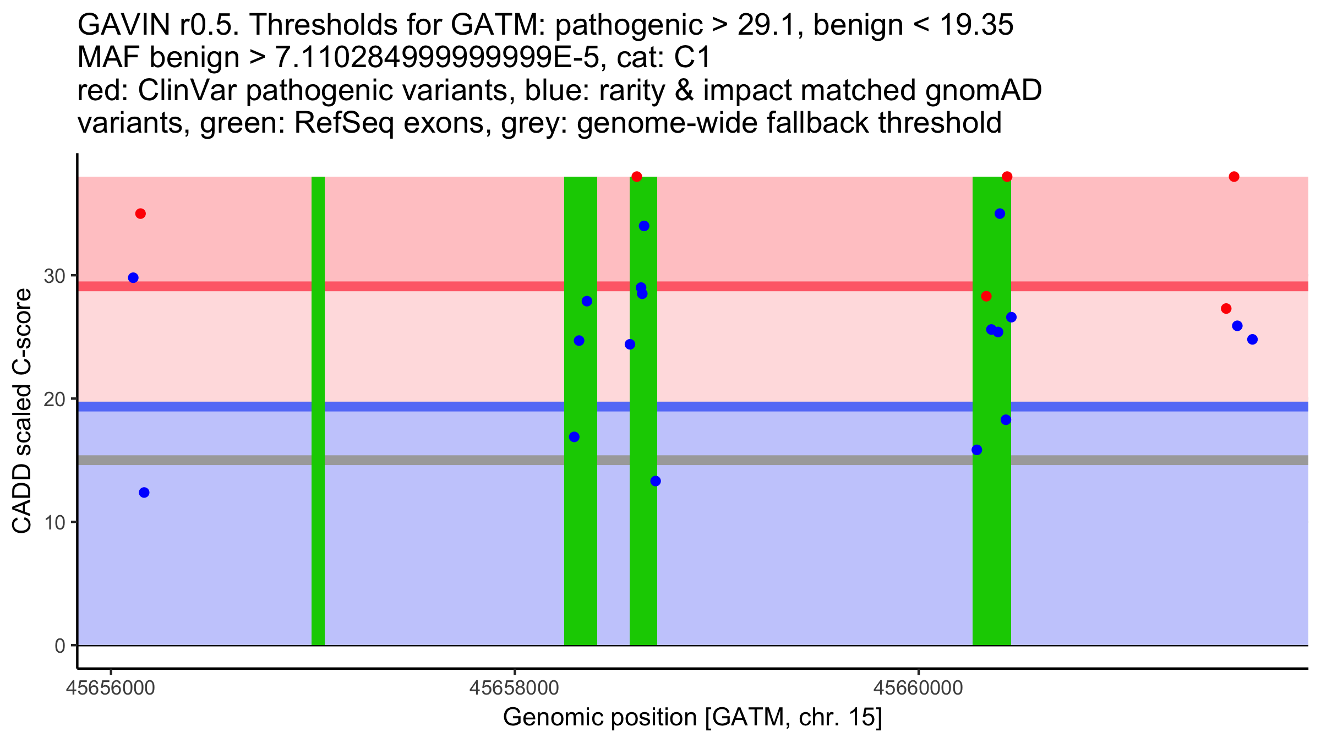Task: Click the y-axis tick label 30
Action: coord(54,276)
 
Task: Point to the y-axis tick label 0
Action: coord(59,646)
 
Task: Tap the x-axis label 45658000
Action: coord(515,688)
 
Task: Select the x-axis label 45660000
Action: coord(918,688)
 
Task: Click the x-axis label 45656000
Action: coord(111,688)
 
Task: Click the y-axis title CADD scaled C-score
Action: coord(22,411)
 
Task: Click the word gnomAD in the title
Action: coord(983,90)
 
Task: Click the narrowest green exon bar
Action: coord(318,411)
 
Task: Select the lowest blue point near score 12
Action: coord(144,493)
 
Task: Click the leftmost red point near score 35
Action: coord(140,214)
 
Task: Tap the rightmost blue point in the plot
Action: coord(1252,339)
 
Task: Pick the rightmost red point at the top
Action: coord(1234,177)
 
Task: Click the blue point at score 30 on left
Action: coord(133,278)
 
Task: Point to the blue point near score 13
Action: coord(656,482)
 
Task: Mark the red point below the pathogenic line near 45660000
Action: coord(986,297)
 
